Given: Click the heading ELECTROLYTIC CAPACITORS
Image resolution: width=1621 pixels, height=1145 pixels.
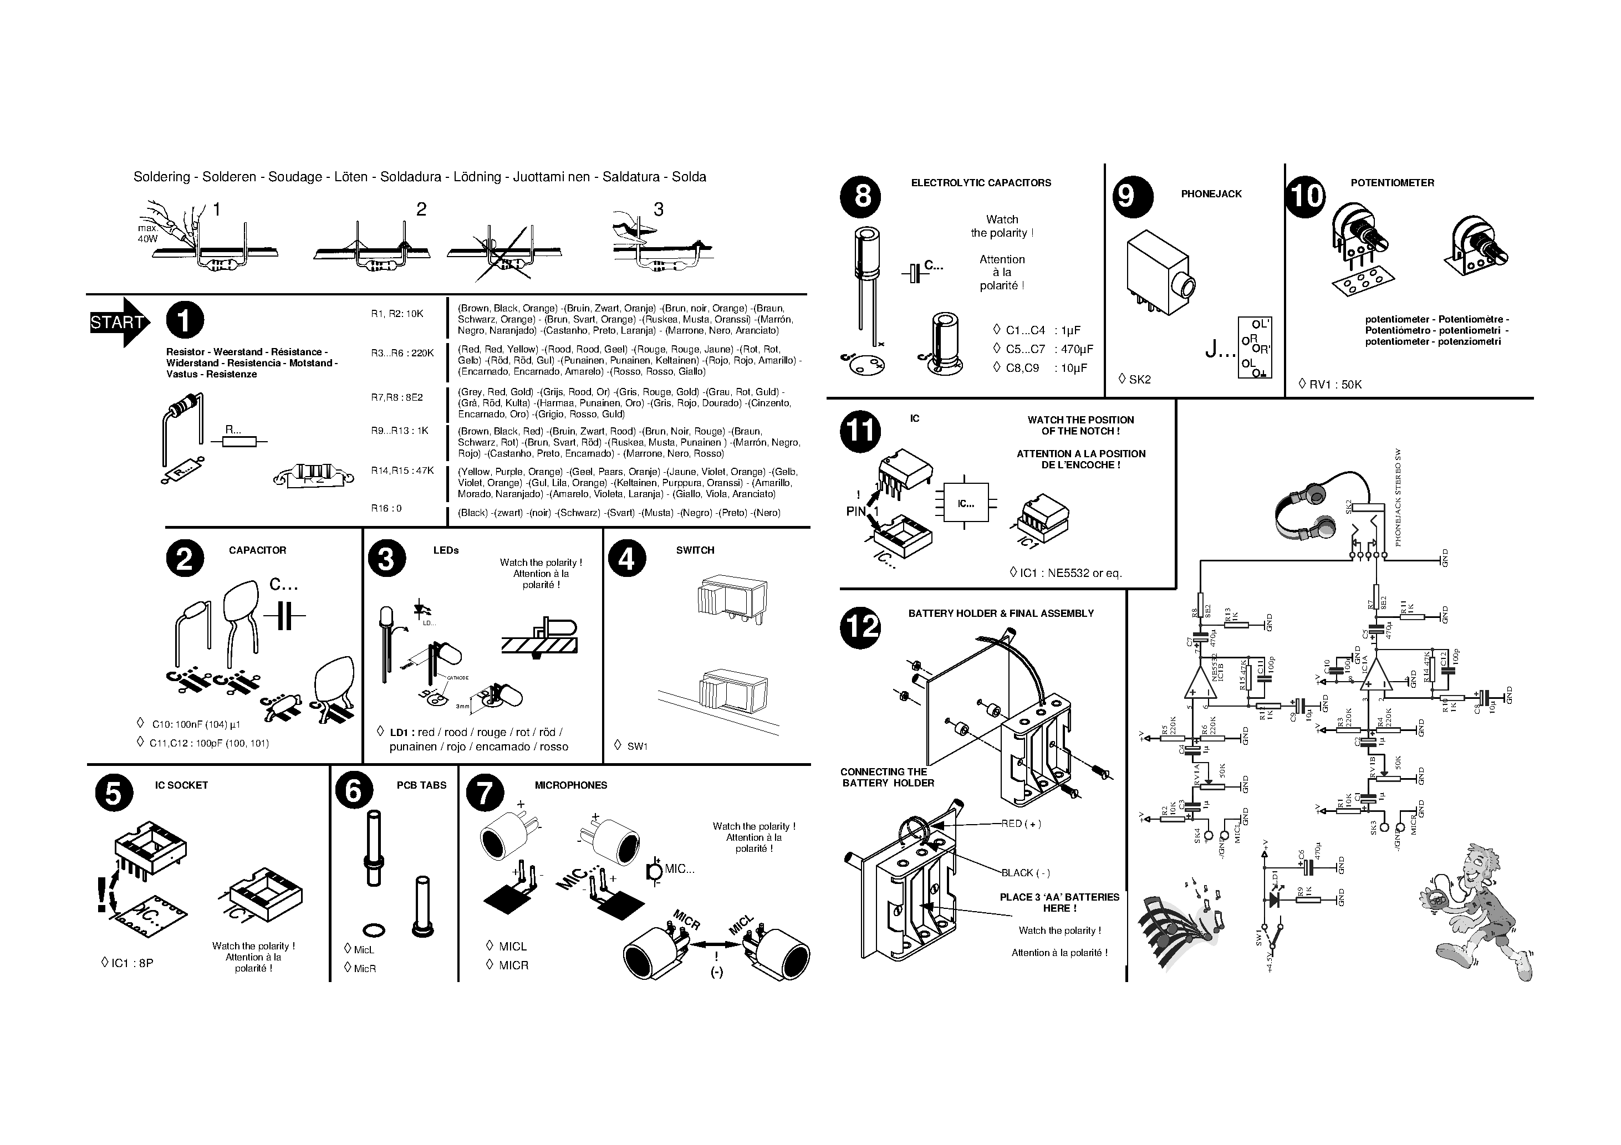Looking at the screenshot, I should [x=981, y=183].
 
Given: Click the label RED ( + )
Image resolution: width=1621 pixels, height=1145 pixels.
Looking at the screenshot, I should [x=1021, y=824].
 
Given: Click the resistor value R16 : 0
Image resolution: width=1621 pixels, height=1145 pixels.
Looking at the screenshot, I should [x=386, y=508].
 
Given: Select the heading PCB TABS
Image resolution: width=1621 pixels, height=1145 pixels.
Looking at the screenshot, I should [x=421, y=785].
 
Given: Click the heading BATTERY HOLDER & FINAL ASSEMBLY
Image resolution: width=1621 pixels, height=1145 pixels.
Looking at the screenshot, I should [x=1001, y=614].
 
